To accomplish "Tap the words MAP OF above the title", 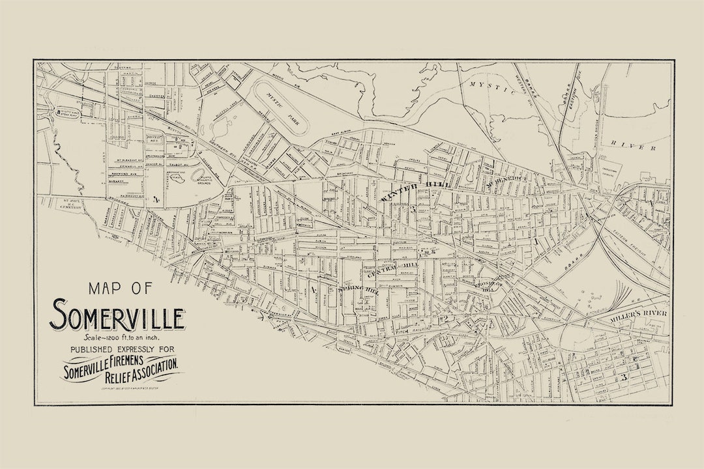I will [x=118, y=288].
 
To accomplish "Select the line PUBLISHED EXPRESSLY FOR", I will [x=119, y=350].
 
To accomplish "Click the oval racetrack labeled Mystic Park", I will [x=280, y=107].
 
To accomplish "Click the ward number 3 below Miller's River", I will [x=624, y=377].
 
